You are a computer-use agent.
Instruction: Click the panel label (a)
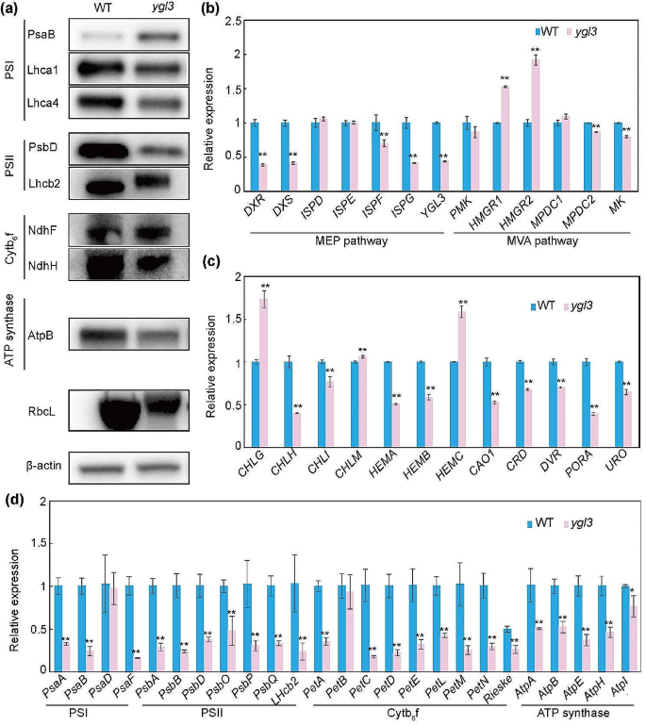(12, 8)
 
